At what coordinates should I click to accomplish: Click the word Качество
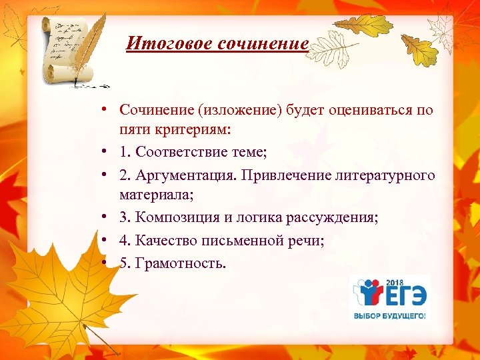pos(163,241)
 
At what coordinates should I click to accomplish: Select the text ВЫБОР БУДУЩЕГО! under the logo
pos(390,315)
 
